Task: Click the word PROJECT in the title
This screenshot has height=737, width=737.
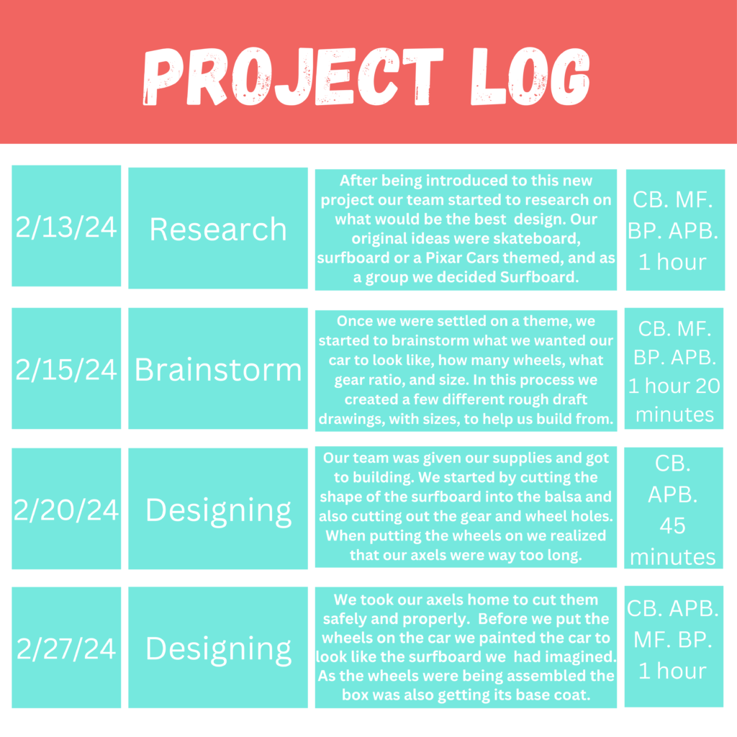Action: point(293,76)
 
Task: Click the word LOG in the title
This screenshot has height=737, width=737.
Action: point(530,76)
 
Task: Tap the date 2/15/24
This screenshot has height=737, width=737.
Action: point(66,369)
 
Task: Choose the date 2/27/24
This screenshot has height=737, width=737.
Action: point(66,648)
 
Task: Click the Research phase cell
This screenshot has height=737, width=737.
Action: point(218,229)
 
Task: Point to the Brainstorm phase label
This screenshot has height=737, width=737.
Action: point(218,369)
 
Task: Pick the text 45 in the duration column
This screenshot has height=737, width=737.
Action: point(673,525)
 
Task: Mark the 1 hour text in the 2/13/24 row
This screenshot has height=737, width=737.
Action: point(673,262)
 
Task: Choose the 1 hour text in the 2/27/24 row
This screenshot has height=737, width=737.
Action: point(673,671)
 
